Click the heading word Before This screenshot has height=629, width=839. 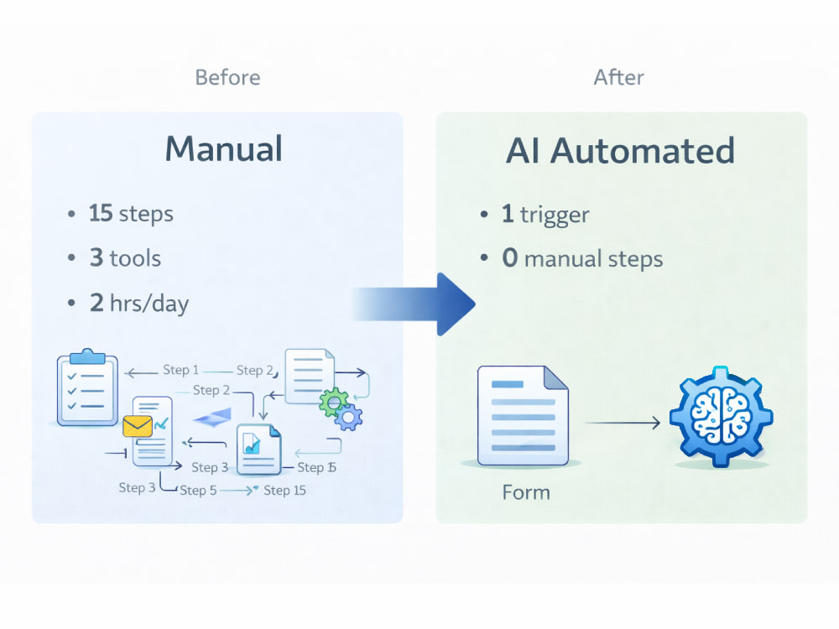[227, 77]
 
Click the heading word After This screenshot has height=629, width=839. [618, 77]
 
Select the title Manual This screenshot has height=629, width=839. [224, 148]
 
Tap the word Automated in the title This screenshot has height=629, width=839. [643, 150]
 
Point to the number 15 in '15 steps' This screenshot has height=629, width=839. [101, 213]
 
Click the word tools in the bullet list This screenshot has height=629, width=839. [135, 258]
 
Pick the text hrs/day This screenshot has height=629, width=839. [149, 304]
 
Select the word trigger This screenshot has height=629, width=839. [555, 215]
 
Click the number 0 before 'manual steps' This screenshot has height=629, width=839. [510, 257]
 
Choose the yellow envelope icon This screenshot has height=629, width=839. [138, 426]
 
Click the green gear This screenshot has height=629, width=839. [333, 403]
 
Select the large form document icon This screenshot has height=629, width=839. [523, 416]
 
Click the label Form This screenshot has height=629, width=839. [526, 492]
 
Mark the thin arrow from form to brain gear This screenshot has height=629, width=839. [623, 423]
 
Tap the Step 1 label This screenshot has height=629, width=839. [180, 370]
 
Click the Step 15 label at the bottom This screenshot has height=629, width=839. [284, 491]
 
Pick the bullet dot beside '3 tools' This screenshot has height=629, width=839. [71, 258]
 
